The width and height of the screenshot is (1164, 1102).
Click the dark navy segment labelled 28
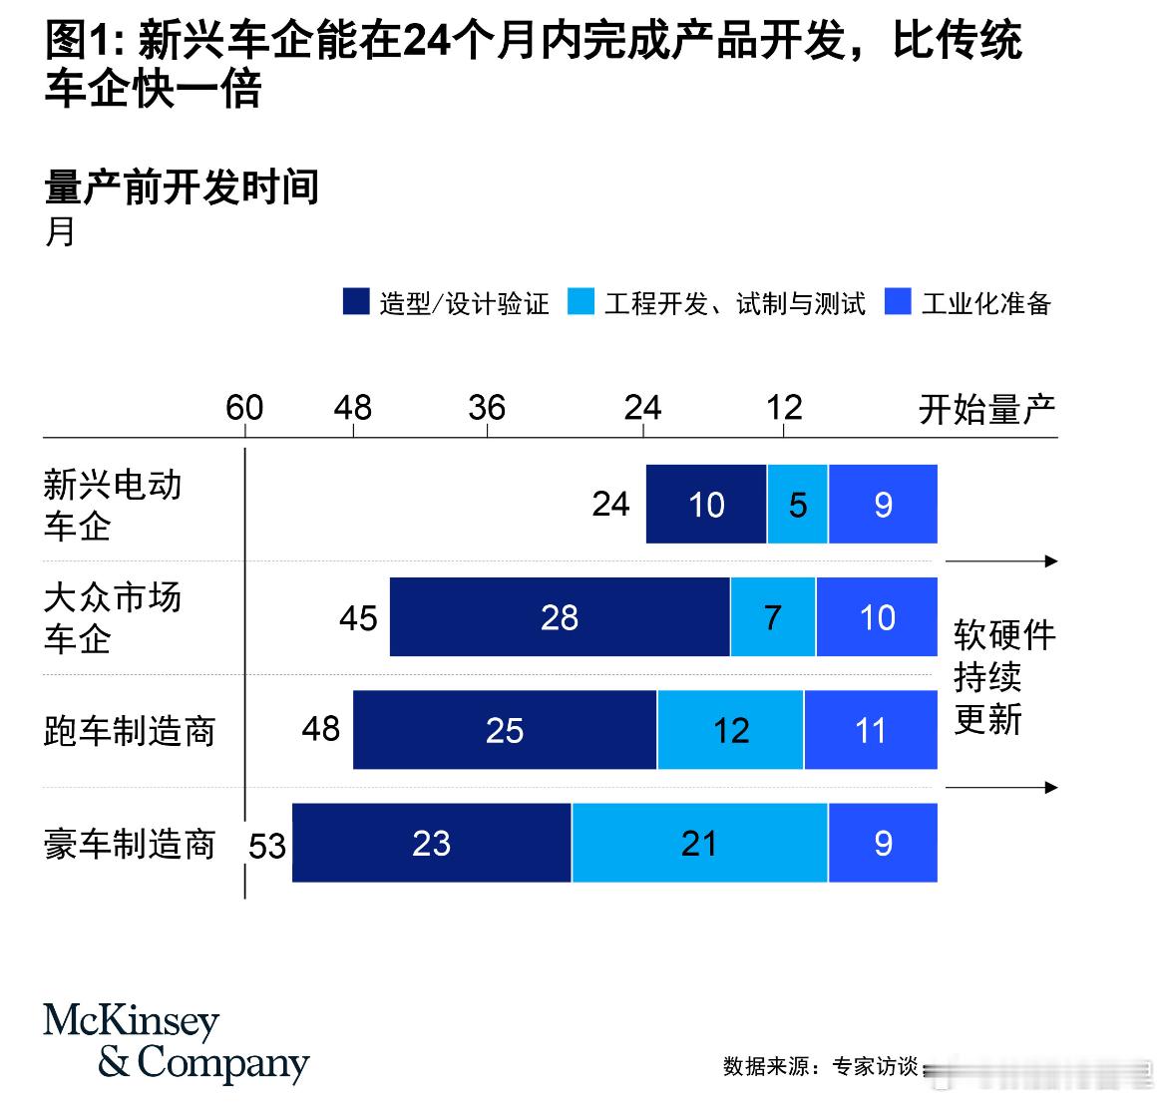(x=560, y=617)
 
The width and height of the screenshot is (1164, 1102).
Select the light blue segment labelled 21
(x=699, y=843)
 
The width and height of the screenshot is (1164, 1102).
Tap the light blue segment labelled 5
(x=797, y=505)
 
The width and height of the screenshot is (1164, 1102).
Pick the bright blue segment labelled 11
(x=871, y=730)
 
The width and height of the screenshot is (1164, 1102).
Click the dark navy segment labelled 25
(x=505, y=730)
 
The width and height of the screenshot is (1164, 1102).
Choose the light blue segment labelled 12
(x=730, y=730)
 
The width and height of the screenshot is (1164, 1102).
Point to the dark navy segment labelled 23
(x=431, y=843)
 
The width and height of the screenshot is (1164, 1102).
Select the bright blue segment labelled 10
(x=877, y=617)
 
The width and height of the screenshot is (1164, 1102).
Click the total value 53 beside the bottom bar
(x=267, y=847)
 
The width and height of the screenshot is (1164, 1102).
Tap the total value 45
(x=358, y=618)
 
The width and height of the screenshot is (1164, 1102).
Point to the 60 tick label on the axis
(x=244, y=408)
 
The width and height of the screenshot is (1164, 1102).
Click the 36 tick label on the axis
(x=487, y=408)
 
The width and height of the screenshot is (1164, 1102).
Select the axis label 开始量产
(x=986, y=409)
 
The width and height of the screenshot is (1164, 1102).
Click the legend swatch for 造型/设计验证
(x=356, y=301)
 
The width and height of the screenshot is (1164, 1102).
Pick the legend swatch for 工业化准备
(x=898, y=301)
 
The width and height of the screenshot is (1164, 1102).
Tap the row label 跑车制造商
(x=130, y=731)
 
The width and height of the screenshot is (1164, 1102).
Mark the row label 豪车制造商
(x=130, y=844)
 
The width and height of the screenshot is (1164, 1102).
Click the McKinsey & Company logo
(x=176, y=1042)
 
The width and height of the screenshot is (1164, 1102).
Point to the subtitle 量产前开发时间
(x=182, y=186)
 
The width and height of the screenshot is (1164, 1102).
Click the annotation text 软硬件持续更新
(x=1002, y=676)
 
